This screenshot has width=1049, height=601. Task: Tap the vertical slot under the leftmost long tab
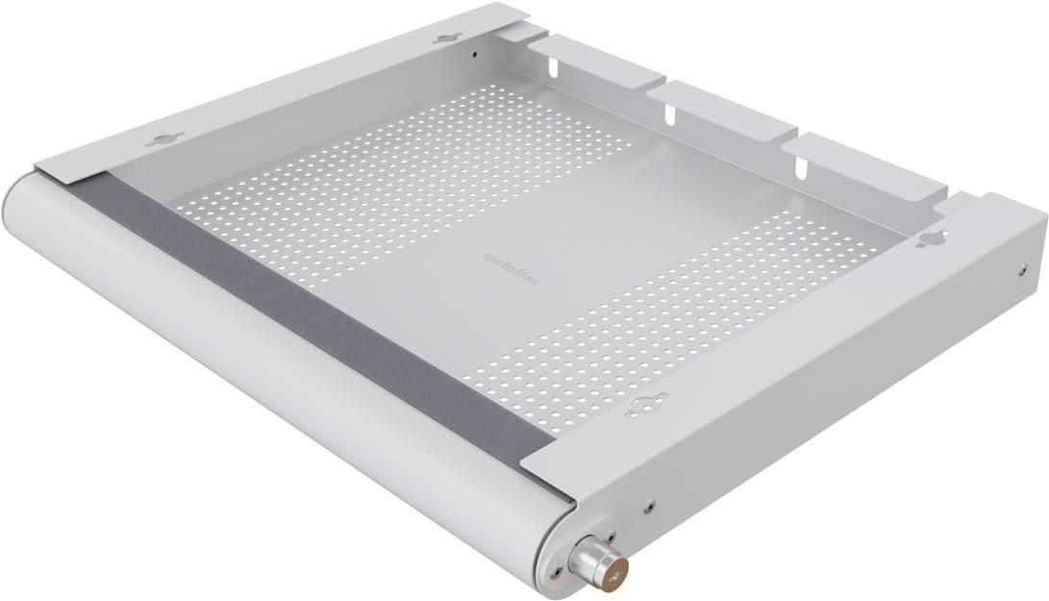555,68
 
